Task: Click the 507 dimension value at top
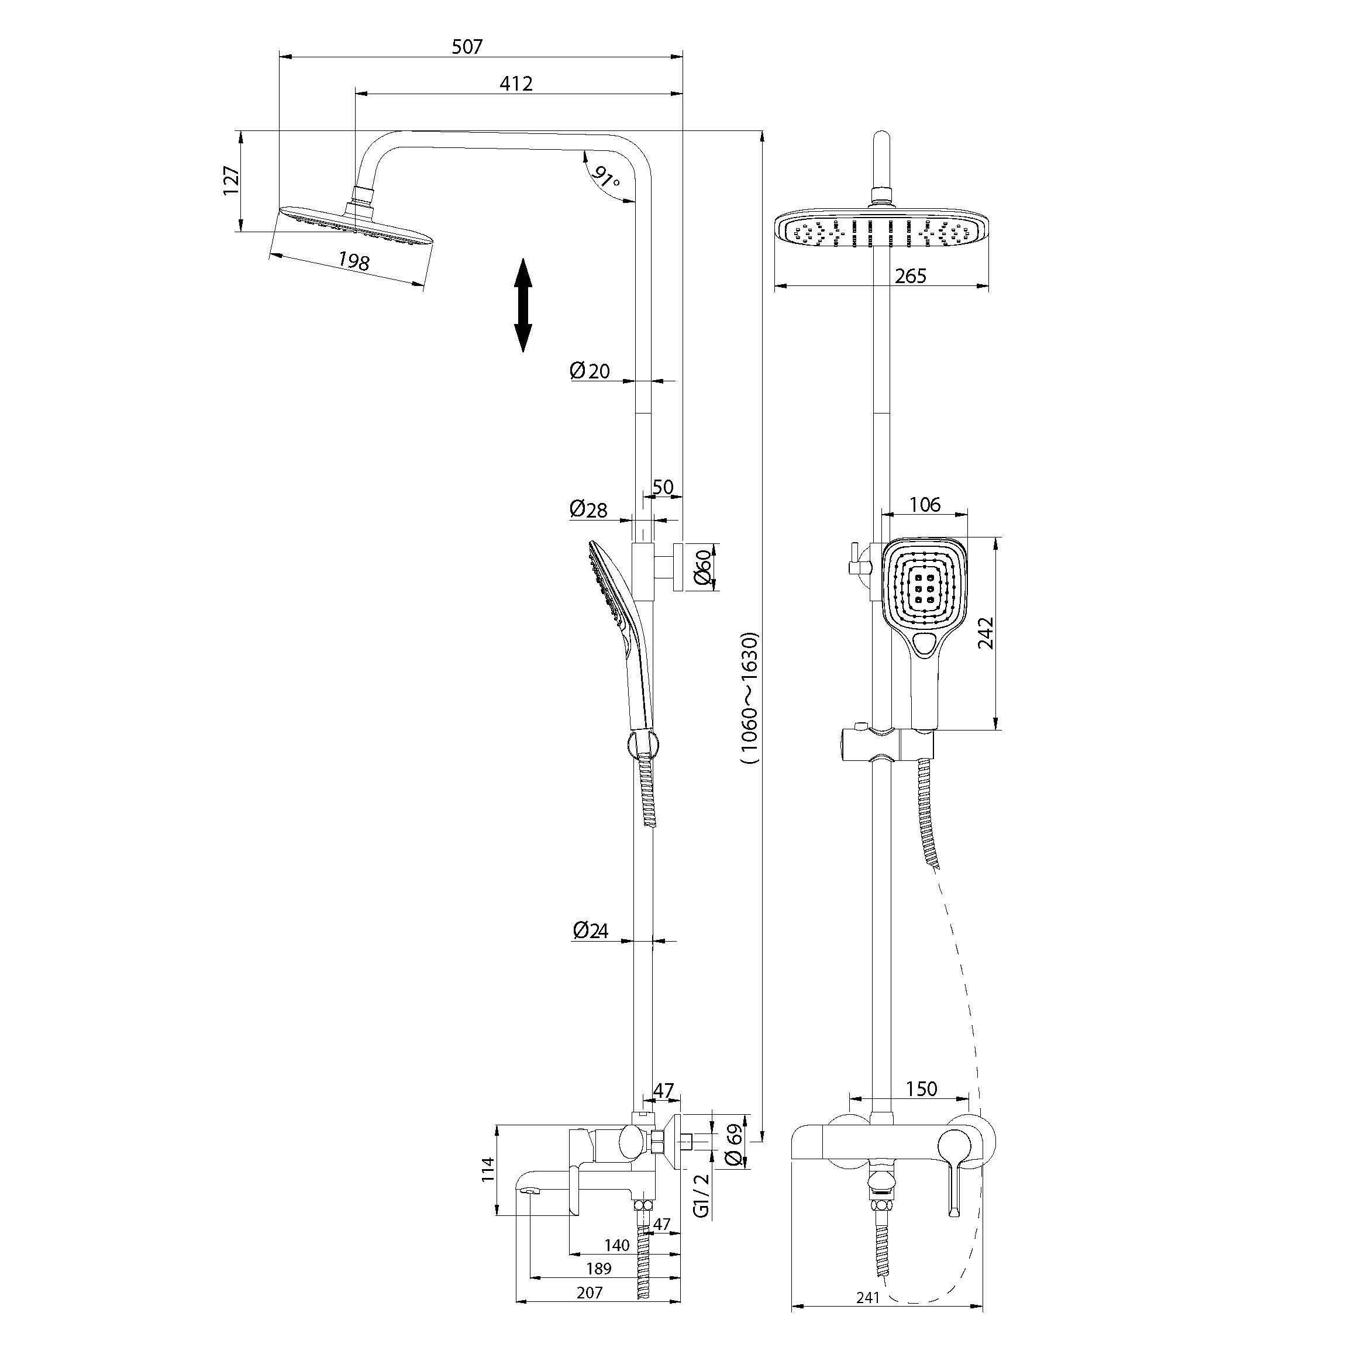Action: tap(467, 47)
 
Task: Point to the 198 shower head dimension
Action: tap(353, 261)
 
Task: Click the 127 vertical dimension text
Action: tap(232, 181)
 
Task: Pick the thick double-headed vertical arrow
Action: tap(522, 305)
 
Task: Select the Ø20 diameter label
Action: tap(589, 370)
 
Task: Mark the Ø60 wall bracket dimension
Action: tap(702, 567)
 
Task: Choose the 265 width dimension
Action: tap(910, 276)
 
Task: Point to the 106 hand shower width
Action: tap(925, 504)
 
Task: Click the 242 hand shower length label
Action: tap(985, 632)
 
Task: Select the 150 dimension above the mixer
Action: tap(921, 1088)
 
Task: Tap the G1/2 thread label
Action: tap(701, 1195)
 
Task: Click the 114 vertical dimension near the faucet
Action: tap(487, 1170)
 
